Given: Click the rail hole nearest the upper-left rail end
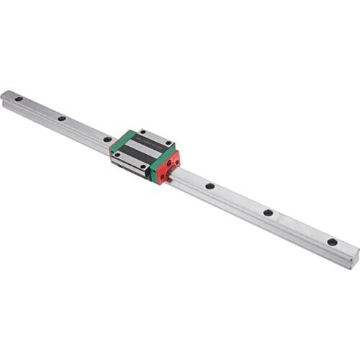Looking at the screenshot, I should tap(19, 99).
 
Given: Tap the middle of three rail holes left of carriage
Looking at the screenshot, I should tap(62, 118).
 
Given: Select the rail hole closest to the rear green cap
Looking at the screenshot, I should tap(107, 139).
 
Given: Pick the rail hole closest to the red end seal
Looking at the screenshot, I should tap(210, 186).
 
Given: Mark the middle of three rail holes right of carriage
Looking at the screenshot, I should tap(268, 212).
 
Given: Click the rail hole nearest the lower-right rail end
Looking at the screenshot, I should tap(332, 242).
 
